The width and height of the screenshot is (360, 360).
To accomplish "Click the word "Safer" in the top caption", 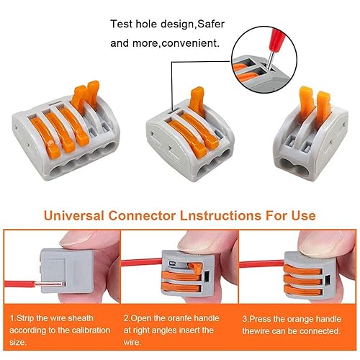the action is [211, 24].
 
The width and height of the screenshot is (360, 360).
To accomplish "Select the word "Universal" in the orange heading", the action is [74, 215].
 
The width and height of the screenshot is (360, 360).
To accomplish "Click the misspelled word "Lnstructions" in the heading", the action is [220, 215].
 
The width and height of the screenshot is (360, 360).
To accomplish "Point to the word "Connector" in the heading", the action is [142, 215].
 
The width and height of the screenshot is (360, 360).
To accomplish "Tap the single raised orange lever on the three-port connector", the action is [197, 100].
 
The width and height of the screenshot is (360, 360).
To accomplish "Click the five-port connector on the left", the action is [66, 131].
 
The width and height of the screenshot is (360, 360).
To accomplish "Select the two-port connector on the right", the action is [311, 135].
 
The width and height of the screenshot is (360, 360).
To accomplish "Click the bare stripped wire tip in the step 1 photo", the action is [50, 284].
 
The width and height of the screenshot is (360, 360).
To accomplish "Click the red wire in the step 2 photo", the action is [142, 262].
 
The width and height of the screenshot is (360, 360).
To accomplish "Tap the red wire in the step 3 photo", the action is [262, 264].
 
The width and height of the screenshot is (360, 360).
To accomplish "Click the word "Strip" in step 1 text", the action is [25, 318].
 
